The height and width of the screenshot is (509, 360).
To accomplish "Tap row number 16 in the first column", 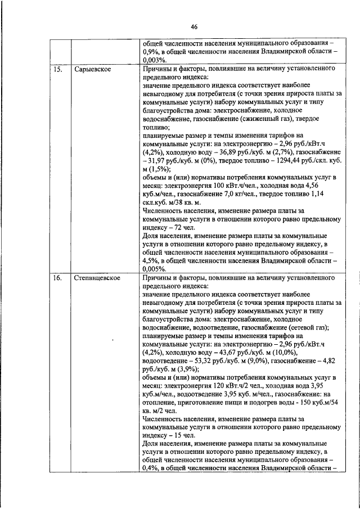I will tap(57, 278).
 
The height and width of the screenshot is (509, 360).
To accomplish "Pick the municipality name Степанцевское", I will tap(97, 278).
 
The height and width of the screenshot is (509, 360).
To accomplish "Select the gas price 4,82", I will tap(328, 361).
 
